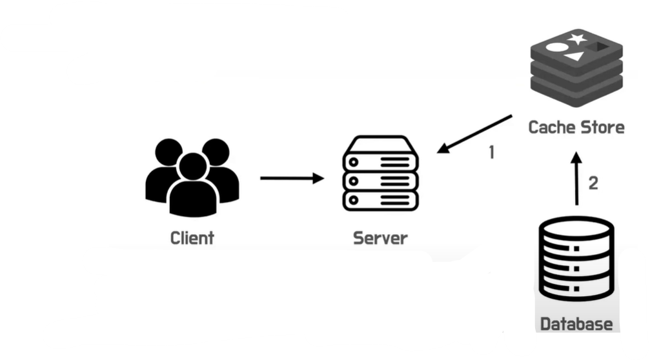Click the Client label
click(192, 238)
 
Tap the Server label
click(380, 238)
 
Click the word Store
click(602, 127)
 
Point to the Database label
click(576, 324)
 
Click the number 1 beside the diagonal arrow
click(492, 152)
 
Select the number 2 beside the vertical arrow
click(593, 183)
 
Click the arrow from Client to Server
click(292, 178)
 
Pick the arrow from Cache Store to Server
click(474, 134)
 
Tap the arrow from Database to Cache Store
click(576, 179)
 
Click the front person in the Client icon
click(193, 185)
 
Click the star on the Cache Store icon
click(578, 39)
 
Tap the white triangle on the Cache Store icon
click(575, 56)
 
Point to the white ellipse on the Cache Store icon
click(557, 47)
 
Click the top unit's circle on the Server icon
click(354, 162)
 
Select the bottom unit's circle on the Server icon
click(354, 200)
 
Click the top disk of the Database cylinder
click(576, 226)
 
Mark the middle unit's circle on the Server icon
click(354, 181)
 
